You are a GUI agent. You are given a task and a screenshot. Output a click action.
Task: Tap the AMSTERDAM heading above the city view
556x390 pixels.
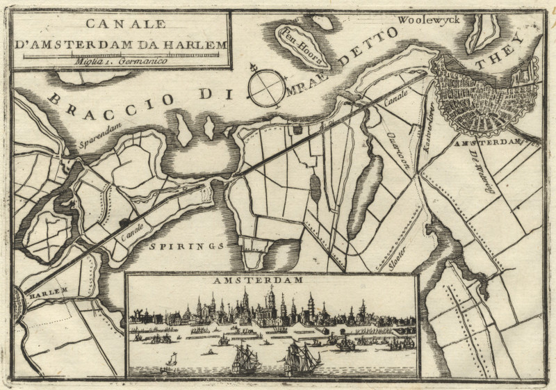(x=270, y=281)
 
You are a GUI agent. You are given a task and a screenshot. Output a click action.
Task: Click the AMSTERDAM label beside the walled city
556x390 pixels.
(x=496, y=143)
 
